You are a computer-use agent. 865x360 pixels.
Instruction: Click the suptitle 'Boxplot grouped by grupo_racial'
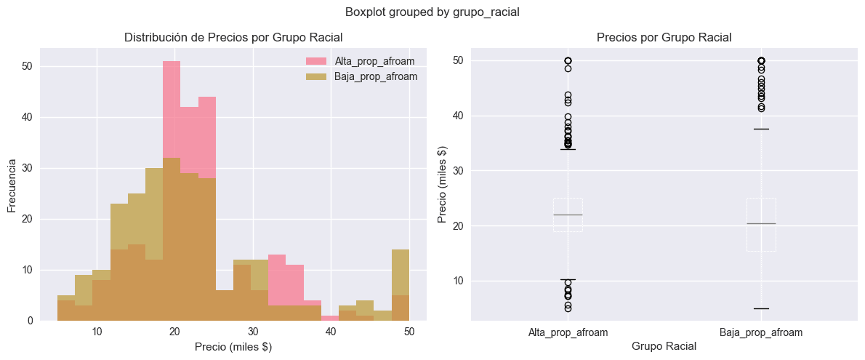pos(432,12)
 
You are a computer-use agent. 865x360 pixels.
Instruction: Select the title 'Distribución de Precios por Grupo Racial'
pos(233,37)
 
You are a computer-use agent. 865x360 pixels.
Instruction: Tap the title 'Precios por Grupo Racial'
pos(664,37)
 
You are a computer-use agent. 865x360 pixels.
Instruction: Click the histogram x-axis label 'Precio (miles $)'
pos(233,347)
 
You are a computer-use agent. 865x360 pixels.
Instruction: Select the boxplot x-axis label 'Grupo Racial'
pos(664,347)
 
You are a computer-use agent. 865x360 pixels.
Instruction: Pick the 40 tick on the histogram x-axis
pos(331,332)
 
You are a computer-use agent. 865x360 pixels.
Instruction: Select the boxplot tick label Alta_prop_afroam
pos(568,332)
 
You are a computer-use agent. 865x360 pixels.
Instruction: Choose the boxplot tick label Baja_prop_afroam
pos(760,332)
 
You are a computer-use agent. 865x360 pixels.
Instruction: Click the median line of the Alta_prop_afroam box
pos(568,215)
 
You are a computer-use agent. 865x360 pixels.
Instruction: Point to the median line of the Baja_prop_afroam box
pos(761,223)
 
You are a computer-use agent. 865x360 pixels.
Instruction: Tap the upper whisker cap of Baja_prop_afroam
pos(761,129)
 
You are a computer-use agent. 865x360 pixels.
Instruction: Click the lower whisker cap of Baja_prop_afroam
pos(761,308)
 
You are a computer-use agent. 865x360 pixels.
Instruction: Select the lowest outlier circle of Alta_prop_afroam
pos(568,308)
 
